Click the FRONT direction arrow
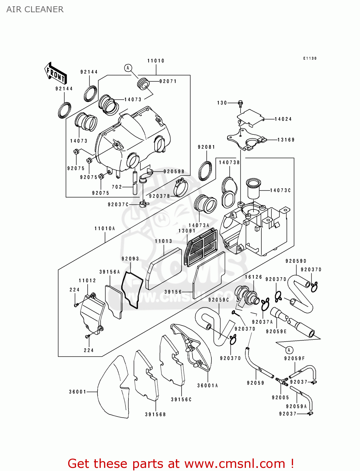[x=56, y=73]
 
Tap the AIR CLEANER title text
[x=35, y=9]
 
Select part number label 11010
[x=156, y=61]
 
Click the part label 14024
[x=283, y=119]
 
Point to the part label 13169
[x=286, y=140]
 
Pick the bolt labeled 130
[x=241, y=103]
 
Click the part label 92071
[x=168, y=81]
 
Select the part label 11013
[x=163, y=241]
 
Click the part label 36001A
[x=207, y=386]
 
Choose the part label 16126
[x=253, y=277]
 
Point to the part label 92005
[x=280, y=398]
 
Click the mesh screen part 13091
[x=201, y=248]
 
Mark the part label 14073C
[x=280, y=190]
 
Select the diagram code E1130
[x=310, y=58]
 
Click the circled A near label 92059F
[x=289, y=350]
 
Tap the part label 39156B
[x=155, y=414]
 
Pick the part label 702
[x=117, y=187]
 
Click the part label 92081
[x=206, y=147]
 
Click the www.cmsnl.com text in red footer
[x=235, y=463]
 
